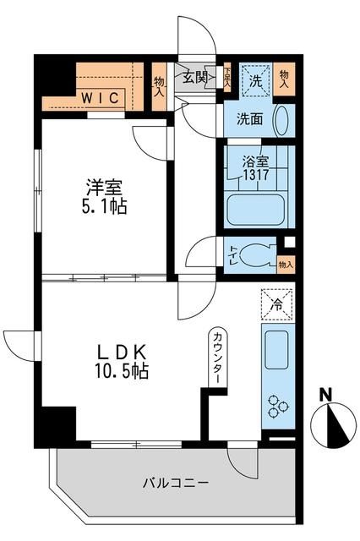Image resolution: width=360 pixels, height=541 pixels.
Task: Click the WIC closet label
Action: (101, 97)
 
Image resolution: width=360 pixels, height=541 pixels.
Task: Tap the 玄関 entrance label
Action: (194, 78)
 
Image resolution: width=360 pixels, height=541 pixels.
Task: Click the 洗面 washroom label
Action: (249, 120)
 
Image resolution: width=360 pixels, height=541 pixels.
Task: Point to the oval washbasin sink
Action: (282, 120)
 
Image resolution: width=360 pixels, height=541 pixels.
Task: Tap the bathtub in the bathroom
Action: (256, 207)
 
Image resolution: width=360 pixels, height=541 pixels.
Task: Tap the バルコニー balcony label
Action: (176, 483)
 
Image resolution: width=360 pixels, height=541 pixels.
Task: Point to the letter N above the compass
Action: (326, 394)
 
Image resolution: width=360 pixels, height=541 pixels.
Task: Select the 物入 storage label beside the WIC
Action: (160, 86)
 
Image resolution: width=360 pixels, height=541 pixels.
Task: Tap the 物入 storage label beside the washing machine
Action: (284, 79)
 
